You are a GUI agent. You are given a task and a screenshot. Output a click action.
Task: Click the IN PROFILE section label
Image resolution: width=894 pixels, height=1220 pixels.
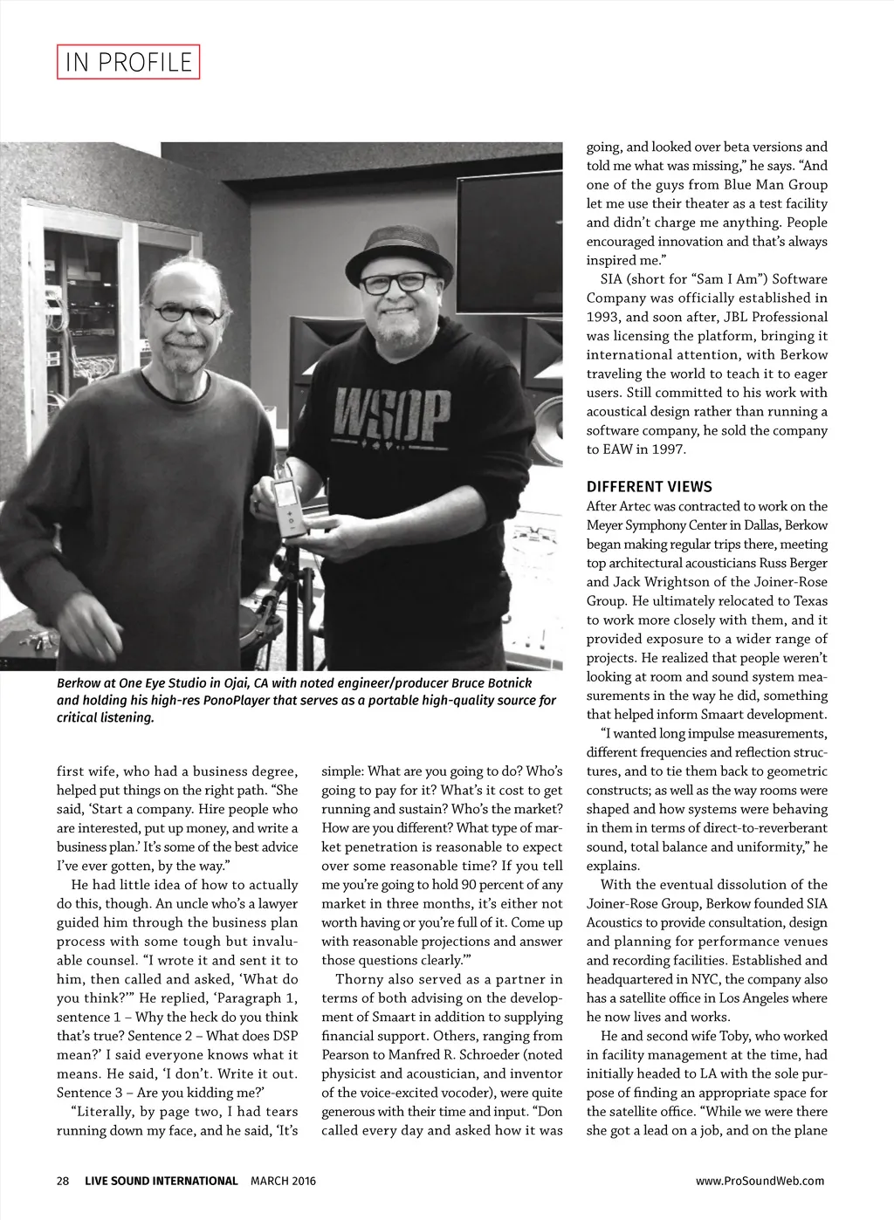128,62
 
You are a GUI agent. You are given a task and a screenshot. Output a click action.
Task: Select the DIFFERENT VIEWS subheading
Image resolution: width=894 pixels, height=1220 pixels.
649,487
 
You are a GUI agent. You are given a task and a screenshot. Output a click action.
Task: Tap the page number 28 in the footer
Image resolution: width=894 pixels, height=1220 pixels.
63,1181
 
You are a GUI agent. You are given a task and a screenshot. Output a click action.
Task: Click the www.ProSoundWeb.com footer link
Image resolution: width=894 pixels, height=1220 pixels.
760,1181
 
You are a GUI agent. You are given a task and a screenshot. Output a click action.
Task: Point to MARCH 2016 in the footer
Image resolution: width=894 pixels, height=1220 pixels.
283,1181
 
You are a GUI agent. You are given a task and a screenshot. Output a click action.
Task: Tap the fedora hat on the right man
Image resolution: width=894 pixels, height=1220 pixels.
398,250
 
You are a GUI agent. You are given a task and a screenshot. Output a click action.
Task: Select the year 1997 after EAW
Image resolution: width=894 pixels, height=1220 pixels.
670,449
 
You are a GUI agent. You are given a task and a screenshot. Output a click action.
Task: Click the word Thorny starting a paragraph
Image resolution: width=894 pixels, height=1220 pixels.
359,979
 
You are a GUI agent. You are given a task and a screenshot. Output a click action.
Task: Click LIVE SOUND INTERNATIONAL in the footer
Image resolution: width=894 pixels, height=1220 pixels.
161,1181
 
